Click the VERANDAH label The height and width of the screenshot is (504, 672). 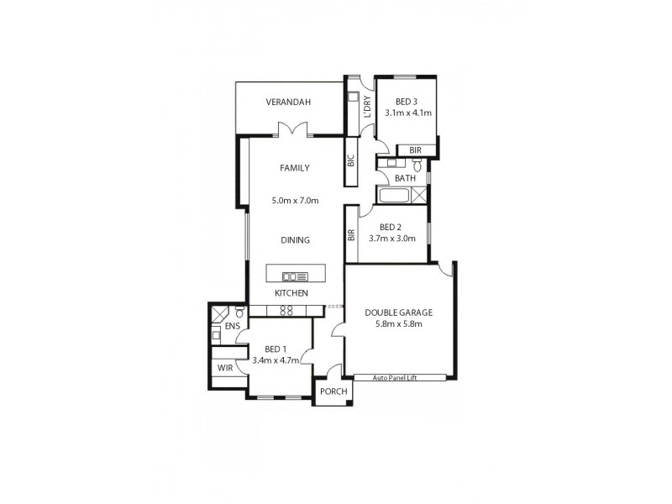coord(288,102)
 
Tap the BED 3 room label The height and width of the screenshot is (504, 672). coord(407,102)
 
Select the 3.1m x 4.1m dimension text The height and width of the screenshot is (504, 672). coord(407,113)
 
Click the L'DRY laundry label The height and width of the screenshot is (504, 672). coord(366,107)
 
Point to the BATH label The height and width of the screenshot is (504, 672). coord(405,178)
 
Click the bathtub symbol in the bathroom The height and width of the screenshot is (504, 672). coord(393,197)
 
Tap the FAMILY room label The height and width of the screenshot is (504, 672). coord(294,168)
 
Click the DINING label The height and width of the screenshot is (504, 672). coord(295,240)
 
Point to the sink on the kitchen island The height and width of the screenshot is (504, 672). coord(295,275)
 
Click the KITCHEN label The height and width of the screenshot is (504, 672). coord(291,293)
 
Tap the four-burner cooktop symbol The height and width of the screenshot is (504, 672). coord(286,310)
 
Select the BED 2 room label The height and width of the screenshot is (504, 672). coord(392,227)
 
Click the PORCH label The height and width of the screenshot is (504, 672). coord(330,391)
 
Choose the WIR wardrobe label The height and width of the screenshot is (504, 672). coord(224,368)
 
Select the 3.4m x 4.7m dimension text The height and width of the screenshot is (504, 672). coord(276,360)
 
